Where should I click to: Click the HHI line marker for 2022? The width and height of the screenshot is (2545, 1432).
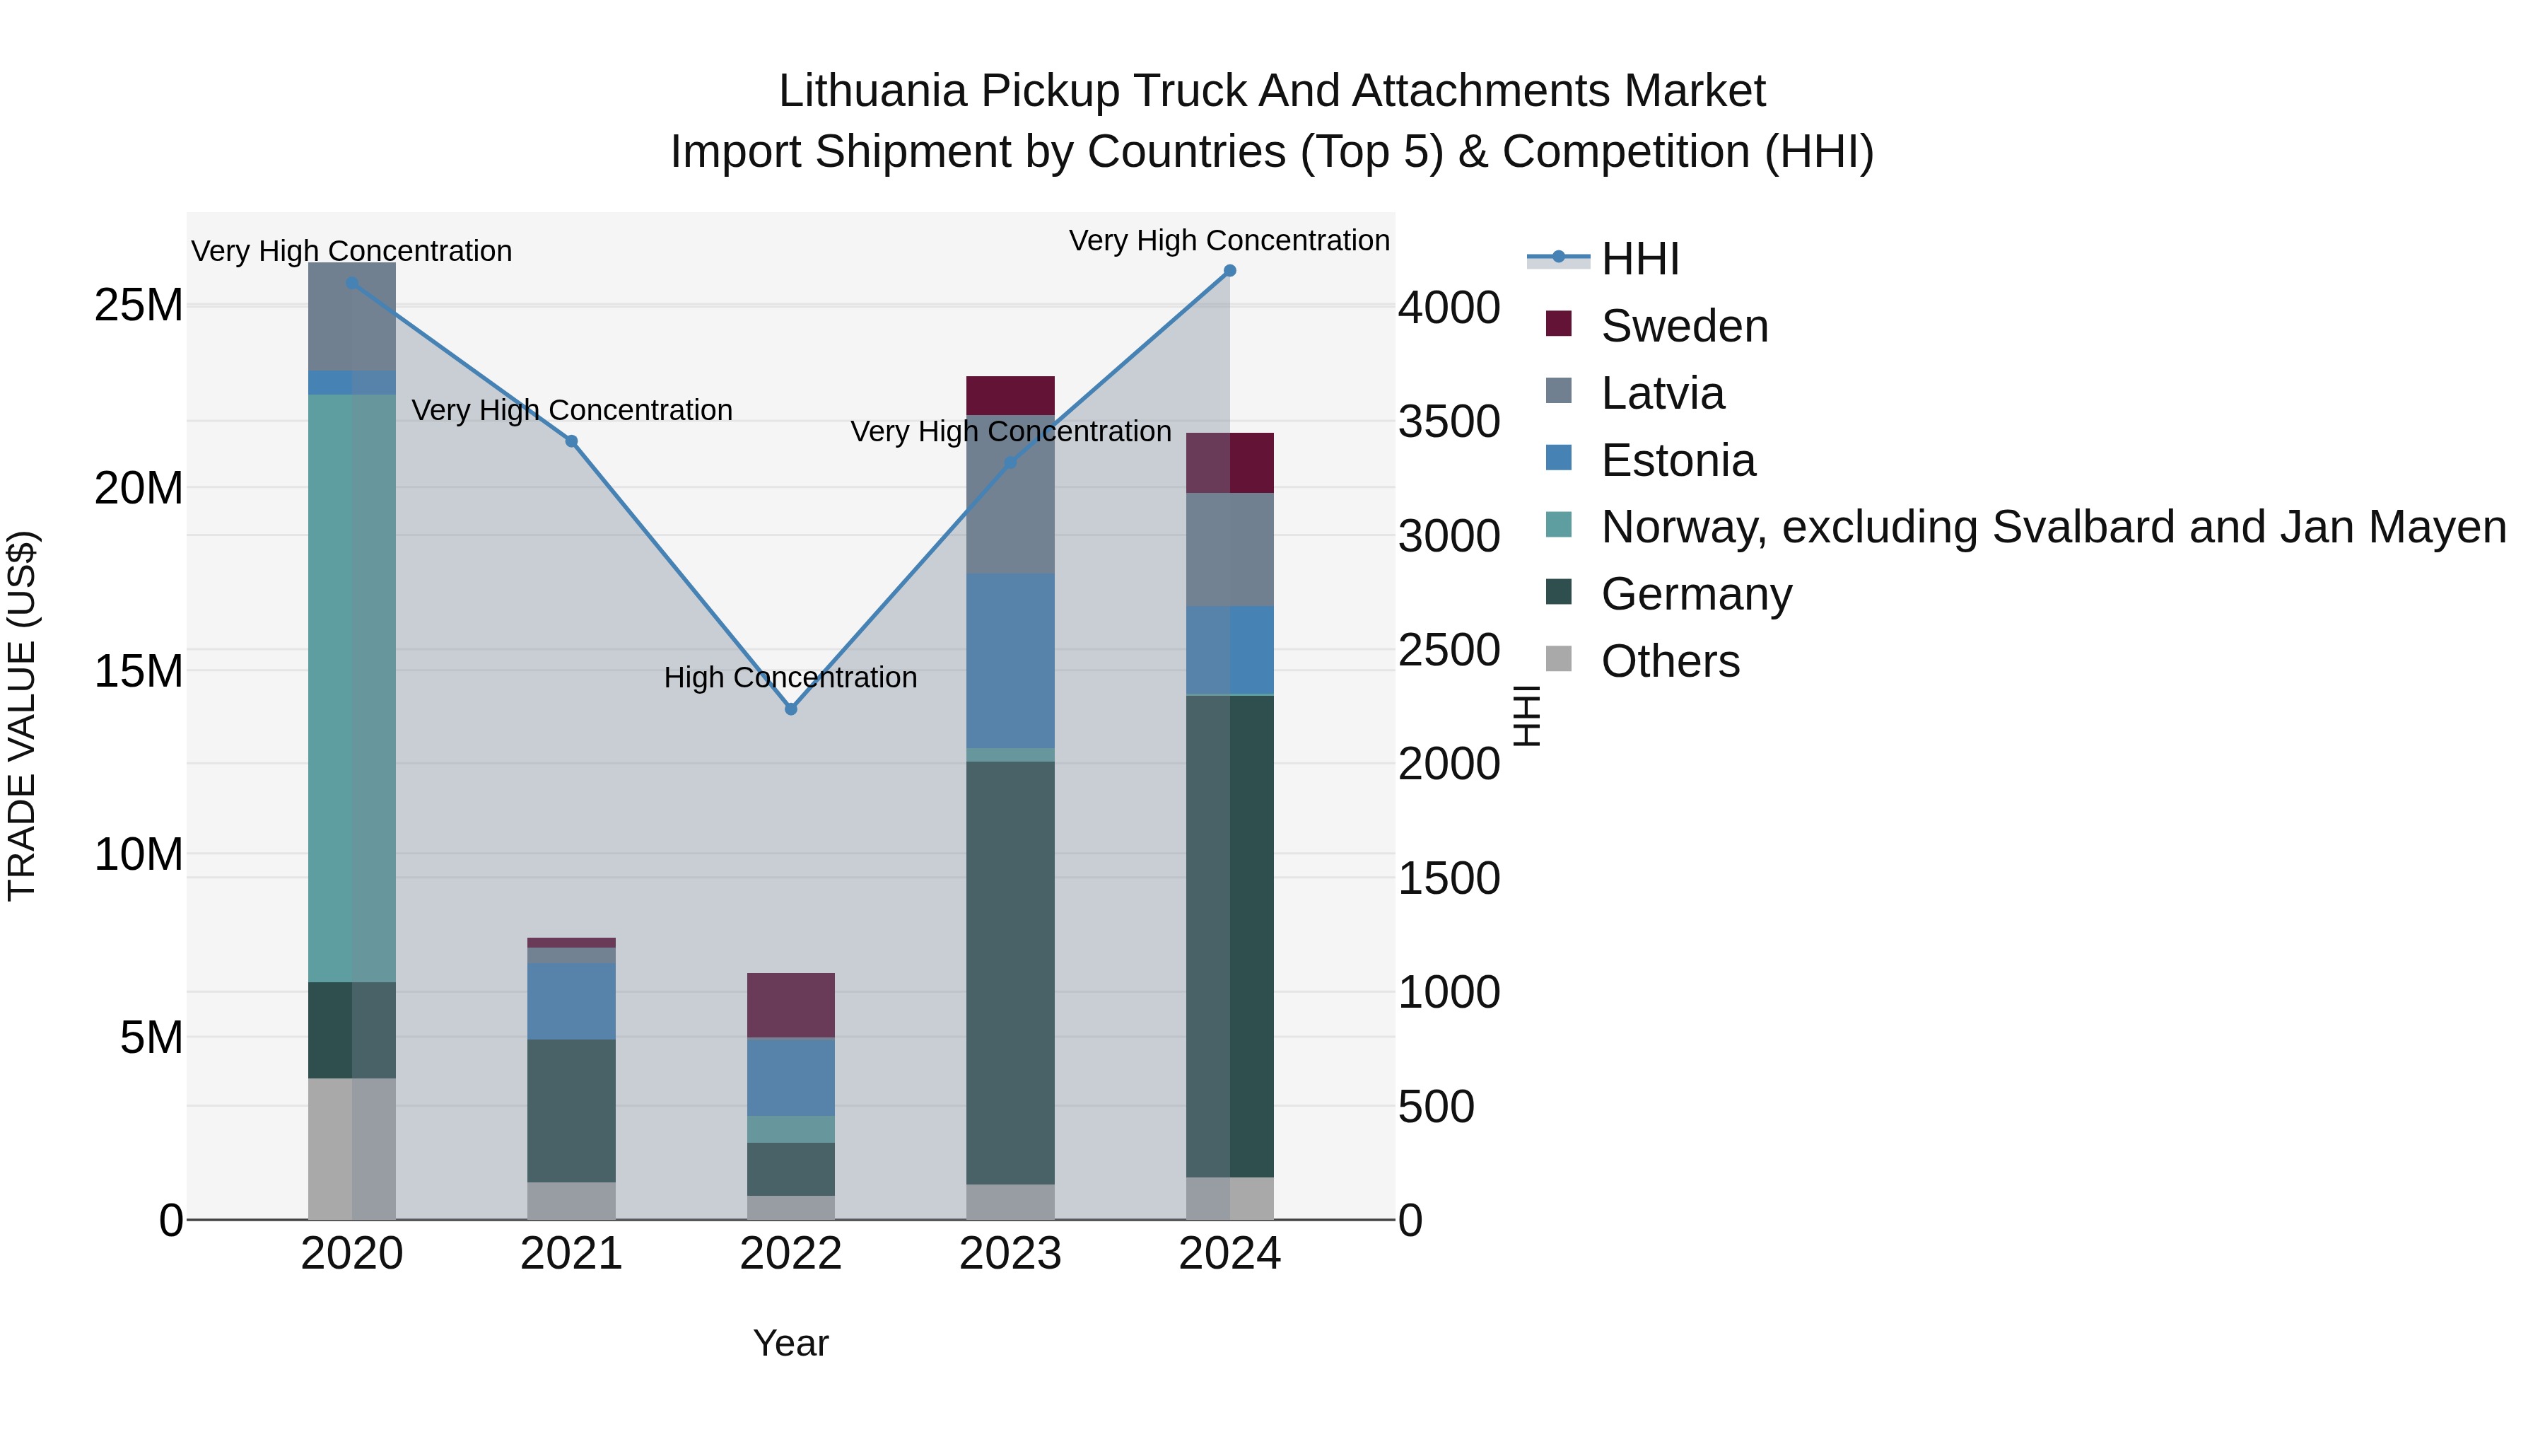click(790, 709)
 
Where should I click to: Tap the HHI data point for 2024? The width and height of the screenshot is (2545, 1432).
click(1230, 271)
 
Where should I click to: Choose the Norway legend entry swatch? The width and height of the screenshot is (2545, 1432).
click(1559, 525)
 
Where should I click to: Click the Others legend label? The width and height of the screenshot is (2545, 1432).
click(1670, 661)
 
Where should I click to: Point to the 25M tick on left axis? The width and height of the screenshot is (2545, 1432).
click(139, 305)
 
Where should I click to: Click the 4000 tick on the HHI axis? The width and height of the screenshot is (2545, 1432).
click(1449, 308)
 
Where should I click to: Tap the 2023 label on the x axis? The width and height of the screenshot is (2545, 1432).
click(1010, 1254)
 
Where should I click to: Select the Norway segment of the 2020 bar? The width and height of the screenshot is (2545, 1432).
click(352, 688)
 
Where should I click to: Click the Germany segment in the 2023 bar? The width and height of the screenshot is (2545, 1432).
click(1010, 972)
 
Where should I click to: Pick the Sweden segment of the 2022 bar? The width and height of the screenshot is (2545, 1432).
click(790, 1005)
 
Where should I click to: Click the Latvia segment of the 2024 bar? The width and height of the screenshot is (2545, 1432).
click(1230, 549)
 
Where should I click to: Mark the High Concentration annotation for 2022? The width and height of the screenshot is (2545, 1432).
click(790, 678)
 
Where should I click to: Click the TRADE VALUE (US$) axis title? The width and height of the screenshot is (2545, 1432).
click(22, 716)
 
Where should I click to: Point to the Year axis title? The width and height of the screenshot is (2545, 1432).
click(790, 1343)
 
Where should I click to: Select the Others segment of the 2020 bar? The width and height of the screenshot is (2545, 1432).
click(352, 1148)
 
